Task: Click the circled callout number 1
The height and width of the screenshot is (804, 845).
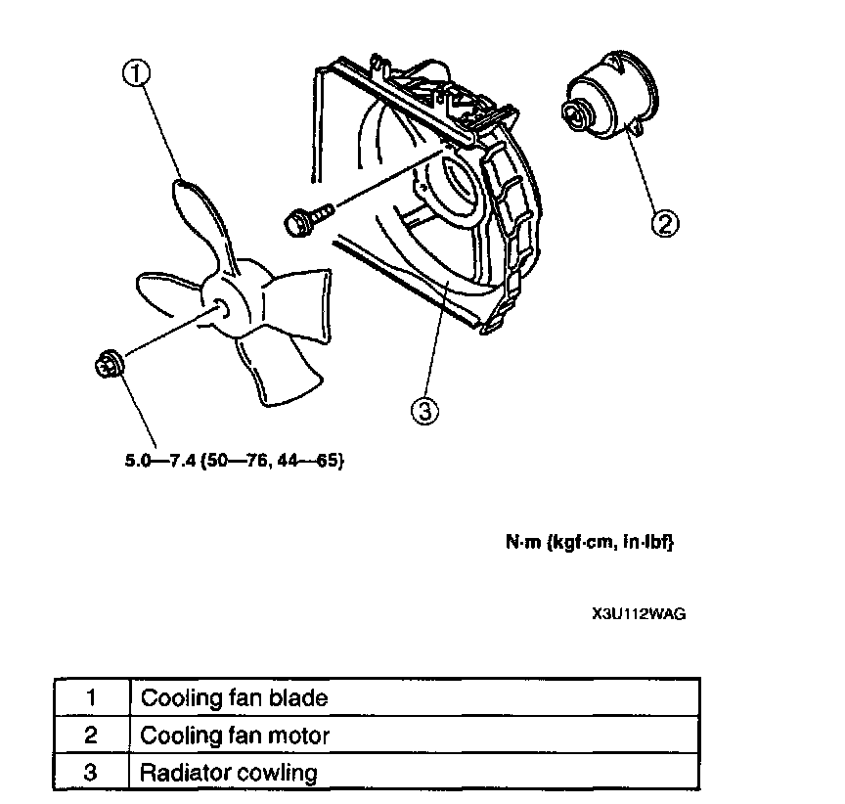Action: (x=136, y=72)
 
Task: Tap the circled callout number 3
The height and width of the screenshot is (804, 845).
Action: (x=422, y=412)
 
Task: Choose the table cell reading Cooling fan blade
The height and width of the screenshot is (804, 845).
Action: (x=235, y=698)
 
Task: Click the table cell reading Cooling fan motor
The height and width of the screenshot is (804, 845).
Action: (x=236, y=735)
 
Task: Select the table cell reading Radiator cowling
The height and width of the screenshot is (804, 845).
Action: (x=230, y=772)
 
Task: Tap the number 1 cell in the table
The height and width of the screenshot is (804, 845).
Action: (x=90, y=698)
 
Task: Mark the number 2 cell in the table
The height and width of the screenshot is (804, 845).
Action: (x=90, y=735)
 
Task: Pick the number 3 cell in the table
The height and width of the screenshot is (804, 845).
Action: (x=90, y=772)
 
